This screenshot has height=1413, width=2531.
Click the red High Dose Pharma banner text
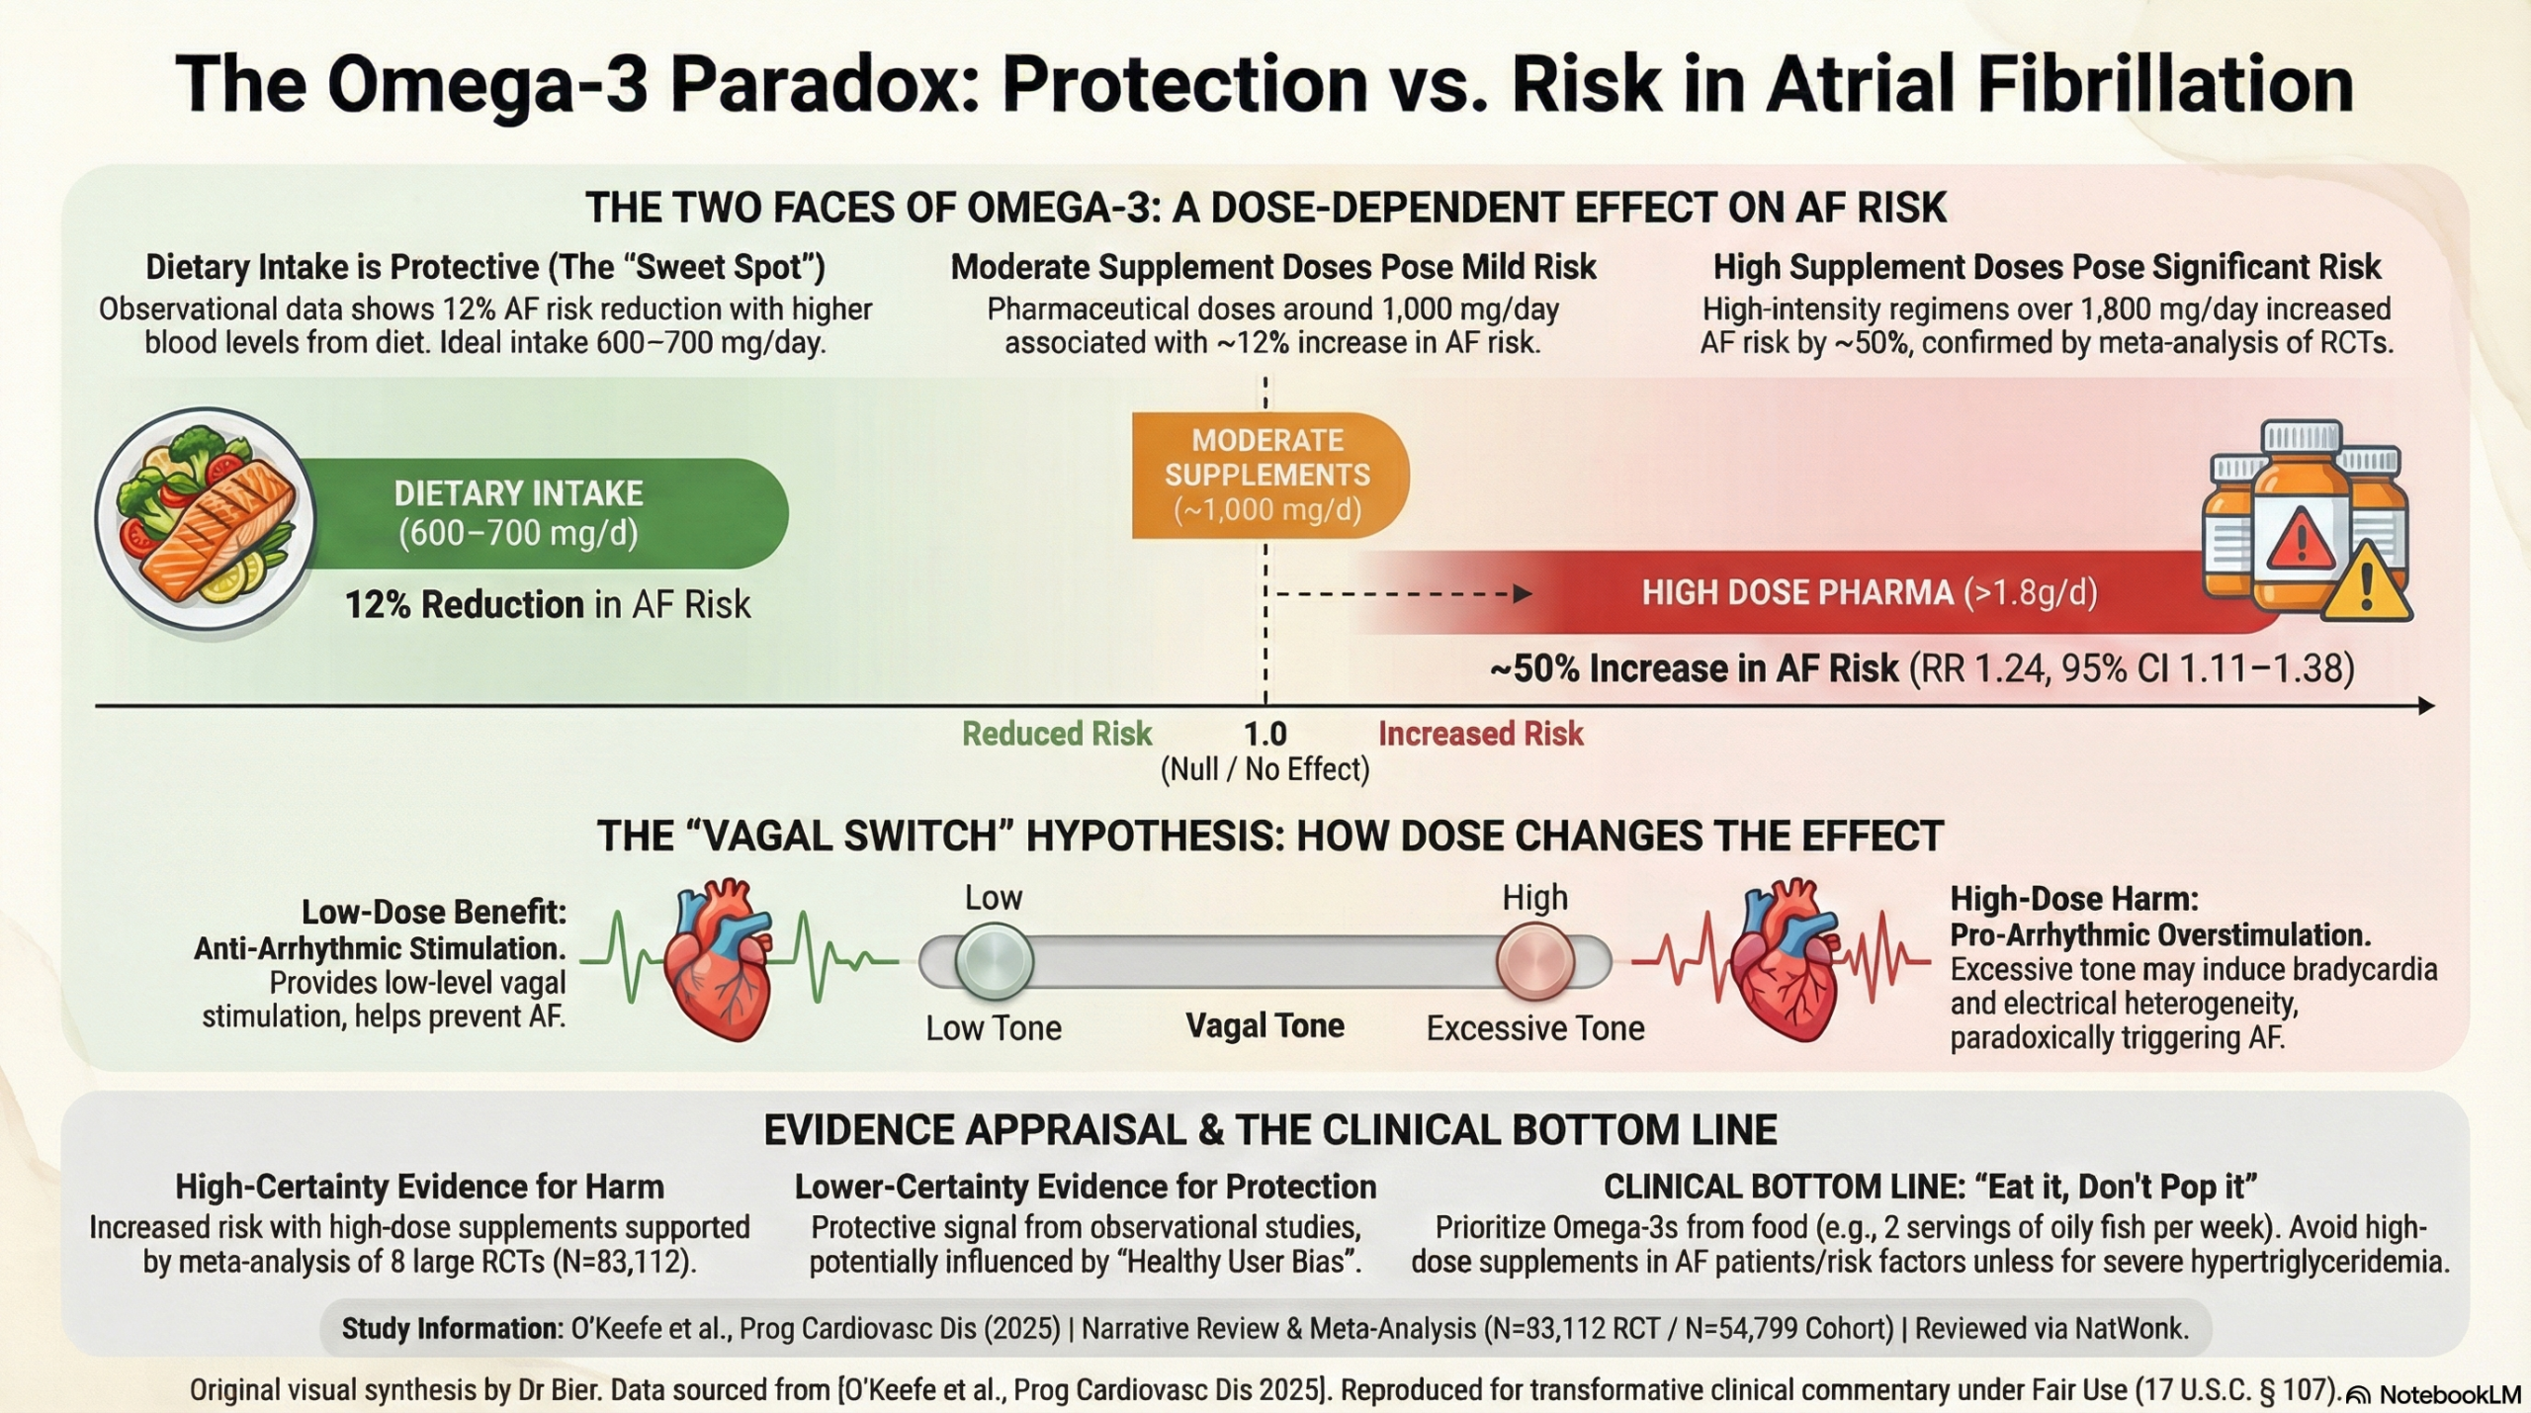[x=1870, y=592]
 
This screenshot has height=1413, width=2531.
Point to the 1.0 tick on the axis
[x=1265, y=706]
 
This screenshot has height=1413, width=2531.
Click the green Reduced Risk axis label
[x=1057, y=734]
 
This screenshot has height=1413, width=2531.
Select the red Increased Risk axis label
[x=1481, y=734]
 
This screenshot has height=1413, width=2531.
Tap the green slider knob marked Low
[x=995, y=961]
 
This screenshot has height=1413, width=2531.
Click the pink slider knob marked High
[x=1535, y=961]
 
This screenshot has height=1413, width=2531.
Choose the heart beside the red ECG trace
[x=1787, y=959]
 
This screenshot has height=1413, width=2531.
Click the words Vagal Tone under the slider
[x=1265, y=1025]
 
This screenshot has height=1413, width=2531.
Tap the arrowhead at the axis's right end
[x=2425, y=706]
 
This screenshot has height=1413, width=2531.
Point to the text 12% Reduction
[x=464, y=604]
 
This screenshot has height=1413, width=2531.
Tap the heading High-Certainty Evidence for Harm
[x=419, y=1187]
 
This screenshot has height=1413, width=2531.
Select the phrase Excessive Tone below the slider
[x=1535, y=1028]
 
